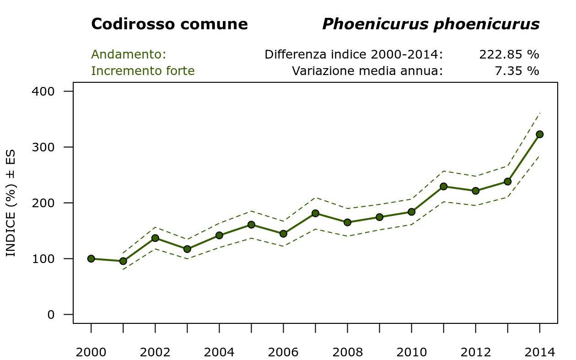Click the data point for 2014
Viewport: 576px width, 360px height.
(x=539, y=134)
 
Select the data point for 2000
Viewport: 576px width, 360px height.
(x=91, y=258)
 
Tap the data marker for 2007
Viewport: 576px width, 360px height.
(x=315, y=213)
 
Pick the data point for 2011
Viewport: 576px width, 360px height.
(x=443, y=186)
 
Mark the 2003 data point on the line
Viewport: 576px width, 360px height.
(x=187, y=249)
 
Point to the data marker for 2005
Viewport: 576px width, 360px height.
(x=251, y=225)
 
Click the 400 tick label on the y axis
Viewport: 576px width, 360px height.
(x=43, y=91)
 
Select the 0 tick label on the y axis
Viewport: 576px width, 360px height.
(x=51, y=315)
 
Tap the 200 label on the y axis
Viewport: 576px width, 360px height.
(x=43, y=203)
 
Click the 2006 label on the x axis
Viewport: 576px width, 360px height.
(x=283, y=352)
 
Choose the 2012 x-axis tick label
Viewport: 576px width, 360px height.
(x=475, y=352)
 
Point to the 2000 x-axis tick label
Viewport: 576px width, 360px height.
(x=91, y=352)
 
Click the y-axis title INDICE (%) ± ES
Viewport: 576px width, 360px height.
(x=11, y=203)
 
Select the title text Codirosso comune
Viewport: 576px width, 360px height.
(x=169, y=24)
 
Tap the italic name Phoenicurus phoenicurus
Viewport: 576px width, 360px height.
(x=431, y=24)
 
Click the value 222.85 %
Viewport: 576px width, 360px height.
(x=509, y=54)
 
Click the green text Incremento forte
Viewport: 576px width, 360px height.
(x=143, y=71)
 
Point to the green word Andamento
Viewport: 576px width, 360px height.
(x=129, y=54)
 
